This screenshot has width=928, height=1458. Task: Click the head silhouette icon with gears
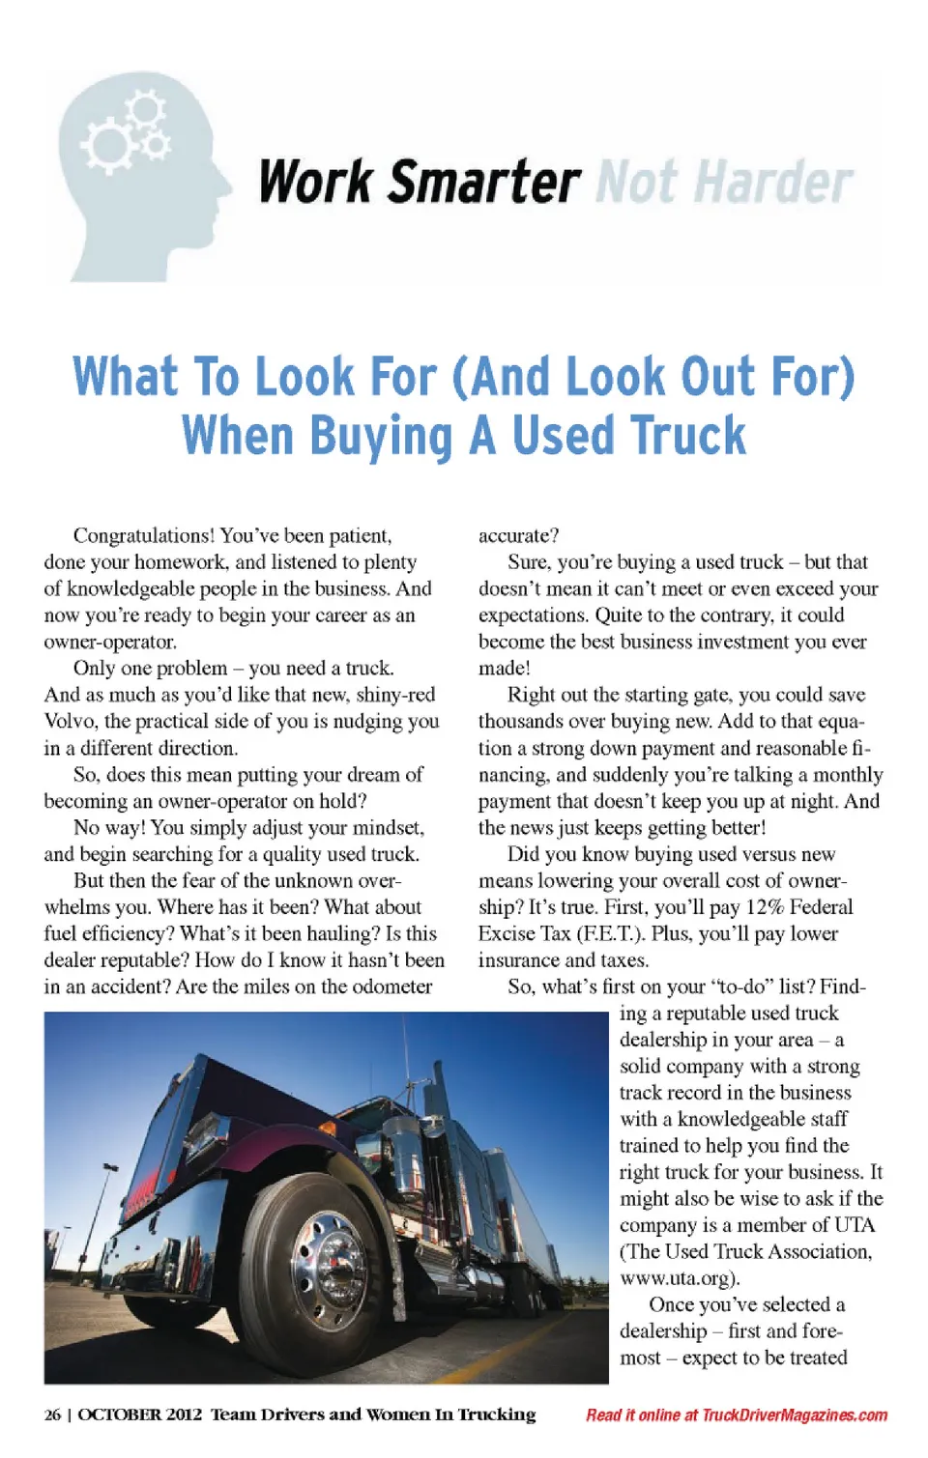click(x=140, y=174)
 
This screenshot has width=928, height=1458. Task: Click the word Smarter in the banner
click(x=484, y=182)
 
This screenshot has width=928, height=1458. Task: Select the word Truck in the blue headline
click(x=690, y=436)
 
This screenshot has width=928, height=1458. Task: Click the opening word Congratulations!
click(x=143, y=535)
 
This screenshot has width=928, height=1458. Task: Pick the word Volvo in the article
click(x=71, y=721)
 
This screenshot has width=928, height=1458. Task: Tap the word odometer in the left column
click(x=391, y=986)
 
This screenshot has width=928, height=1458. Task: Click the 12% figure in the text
click(x=764, y=907)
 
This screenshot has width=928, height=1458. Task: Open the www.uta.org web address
click(x=679, y=1277)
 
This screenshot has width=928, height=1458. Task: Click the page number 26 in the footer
click(x=52, y=1415)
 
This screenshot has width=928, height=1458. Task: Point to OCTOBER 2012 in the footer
click(x=140, y=1415)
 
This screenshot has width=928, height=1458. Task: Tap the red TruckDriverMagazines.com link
click(x=795, y=1415)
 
